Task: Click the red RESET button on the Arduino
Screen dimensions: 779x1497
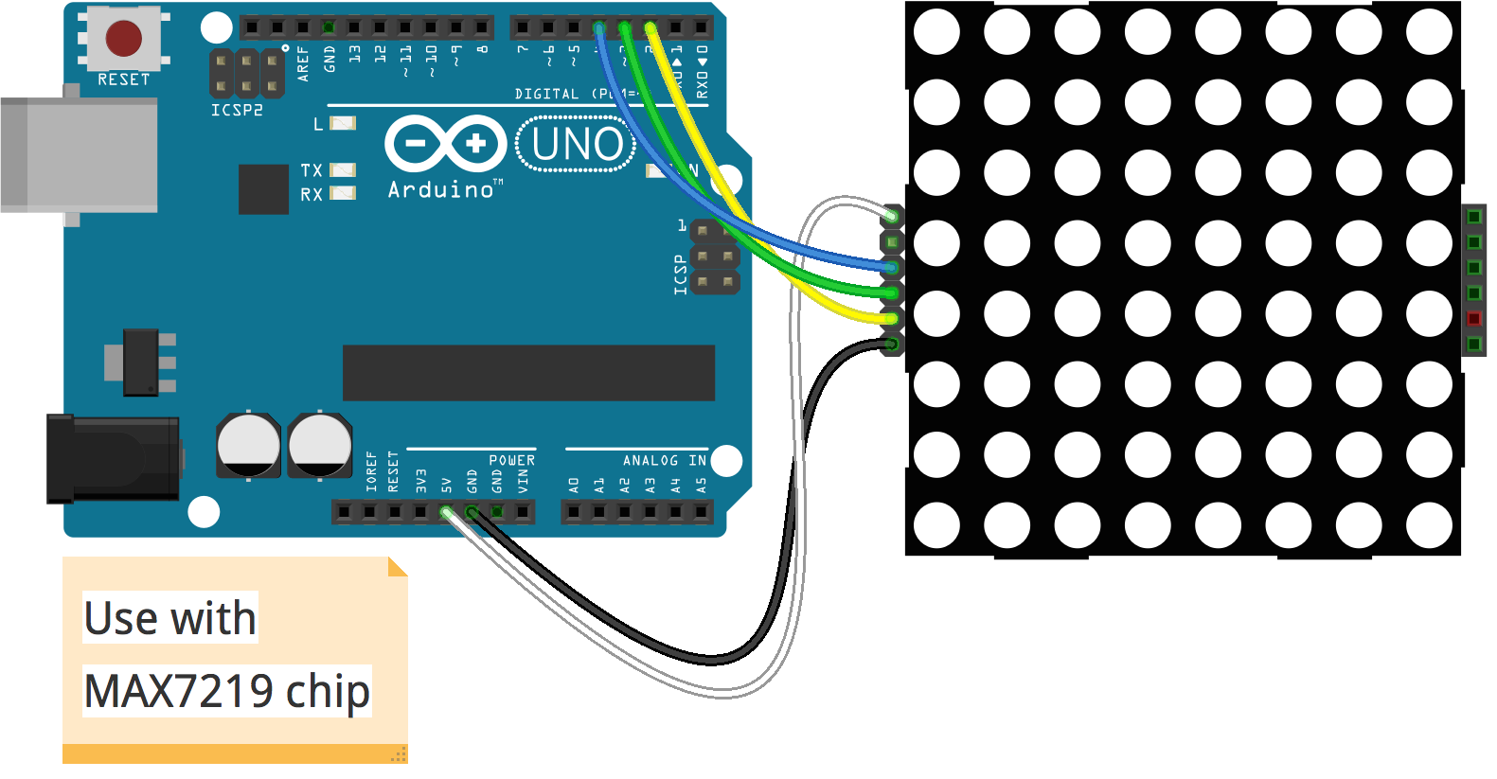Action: pyautogui.click(x=124, y=38)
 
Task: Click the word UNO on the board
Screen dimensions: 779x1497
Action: pyautogui.click(x=577, y=145)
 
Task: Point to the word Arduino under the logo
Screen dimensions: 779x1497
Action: pyautogui.click(x=441, y=189)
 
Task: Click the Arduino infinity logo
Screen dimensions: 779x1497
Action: pyautogui.click(x=446, y=144)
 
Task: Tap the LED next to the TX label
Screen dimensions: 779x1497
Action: pyautogui.click(x=343, y=170)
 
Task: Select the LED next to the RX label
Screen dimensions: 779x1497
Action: pyautogui.click(x=343, y=194)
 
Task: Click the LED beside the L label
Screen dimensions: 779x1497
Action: pyautogui.click(x=343, y=123)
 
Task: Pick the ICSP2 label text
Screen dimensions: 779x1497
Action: pyautogui.click(x=237, y=110)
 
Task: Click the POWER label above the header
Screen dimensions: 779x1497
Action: pyautogui.click(x=512, y=460)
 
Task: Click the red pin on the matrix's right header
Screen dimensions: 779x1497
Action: pyautogui.click(x=1473, y=318)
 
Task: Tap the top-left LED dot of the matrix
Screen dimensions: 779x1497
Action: pyautogui.click(x=937, y=32)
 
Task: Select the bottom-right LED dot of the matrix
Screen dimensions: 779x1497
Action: pyautogui.click(x=1429, y=525)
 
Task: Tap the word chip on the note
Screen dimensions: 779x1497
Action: pyautogui.click(x=328, y=691)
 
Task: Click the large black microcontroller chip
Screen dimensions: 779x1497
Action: pyautogui.click(x=528, y=373)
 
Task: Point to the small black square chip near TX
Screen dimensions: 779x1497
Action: pyautogui.click(x=263, y=189)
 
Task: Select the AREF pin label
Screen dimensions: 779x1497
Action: pyautogui.click(x=303, y=63)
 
